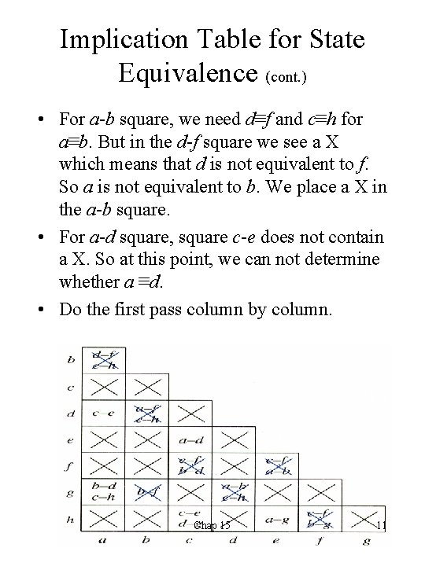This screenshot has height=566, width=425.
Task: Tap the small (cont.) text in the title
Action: [x=289, y=76]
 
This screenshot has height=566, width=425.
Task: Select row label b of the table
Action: [x=72, y=360]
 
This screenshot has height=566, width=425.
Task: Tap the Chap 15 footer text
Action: [x=212, y=525]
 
